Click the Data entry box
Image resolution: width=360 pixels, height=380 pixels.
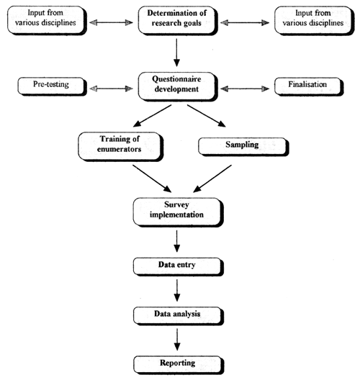point(176,266)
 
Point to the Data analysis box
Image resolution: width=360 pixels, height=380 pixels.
point(176,315)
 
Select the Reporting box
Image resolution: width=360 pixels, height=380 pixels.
point(176,363)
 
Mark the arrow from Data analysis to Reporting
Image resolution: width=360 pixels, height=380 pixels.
point(176,339)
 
